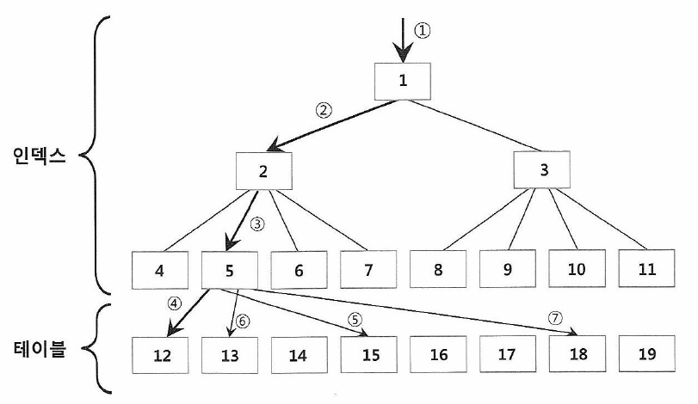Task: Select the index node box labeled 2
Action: (x=263, y=171)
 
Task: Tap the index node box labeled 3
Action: (x=543, y=170)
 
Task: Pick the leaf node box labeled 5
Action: (x=230, y=269)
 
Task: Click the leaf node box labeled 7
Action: (x=368, y=269)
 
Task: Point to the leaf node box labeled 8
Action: (x=437, y=269)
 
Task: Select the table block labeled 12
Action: (x=161, y=355)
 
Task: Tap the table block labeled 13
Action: (x=230, y=355)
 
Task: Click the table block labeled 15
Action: (x=368, y=355)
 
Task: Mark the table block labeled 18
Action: (x=577, y=355)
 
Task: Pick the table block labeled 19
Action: (x=646, y=355)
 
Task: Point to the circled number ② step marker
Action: (x=324, y=110)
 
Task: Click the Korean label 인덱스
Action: (x=41, y=157)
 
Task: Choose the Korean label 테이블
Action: (x=41, y=351)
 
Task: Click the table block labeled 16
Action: (x=437, y=355)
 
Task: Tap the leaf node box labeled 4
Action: (x=160, y=269)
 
